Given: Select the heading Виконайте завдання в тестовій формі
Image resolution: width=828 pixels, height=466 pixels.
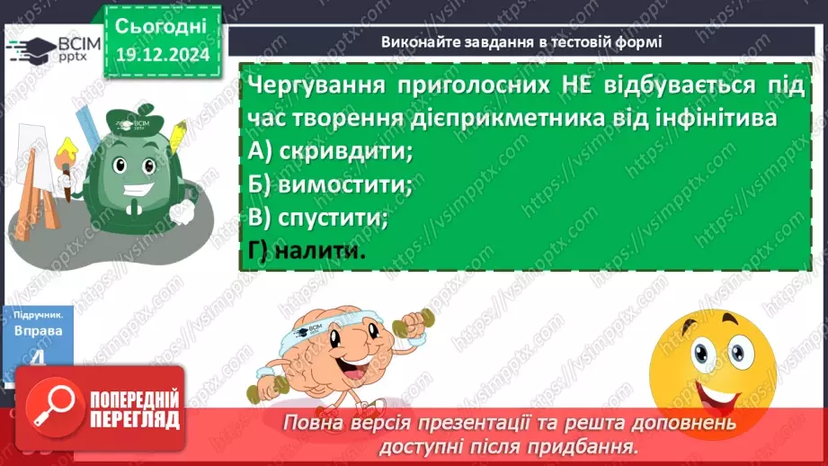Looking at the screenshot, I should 521,41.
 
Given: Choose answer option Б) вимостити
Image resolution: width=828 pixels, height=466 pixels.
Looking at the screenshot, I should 329,185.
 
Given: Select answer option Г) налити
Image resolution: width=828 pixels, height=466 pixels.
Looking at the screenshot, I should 307,252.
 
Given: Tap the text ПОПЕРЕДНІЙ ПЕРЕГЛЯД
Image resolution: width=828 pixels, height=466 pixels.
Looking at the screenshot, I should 135,409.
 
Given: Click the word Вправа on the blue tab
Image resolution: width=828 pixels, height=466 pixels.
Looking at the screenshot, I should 38,331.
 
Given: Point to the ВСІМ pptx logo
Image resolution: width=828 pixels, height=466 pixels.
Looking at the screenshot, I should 52,49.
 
